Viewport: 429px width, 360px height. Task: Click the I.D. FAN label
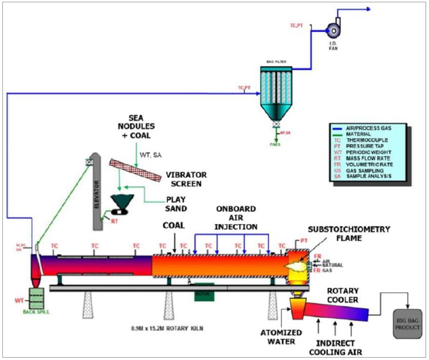pos(333,46)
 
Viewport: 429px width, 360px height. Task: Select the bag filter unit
pos(276,92)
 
